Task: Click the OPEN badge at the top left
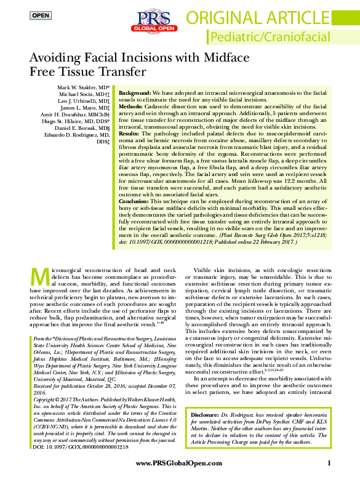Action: (x=41, y=15)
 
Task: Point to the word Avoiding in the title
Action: (x=56, y=58)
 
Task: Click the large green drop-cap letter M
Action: (x=39, y=276)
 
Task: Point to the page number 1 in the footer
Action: (x=329, y=463)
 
